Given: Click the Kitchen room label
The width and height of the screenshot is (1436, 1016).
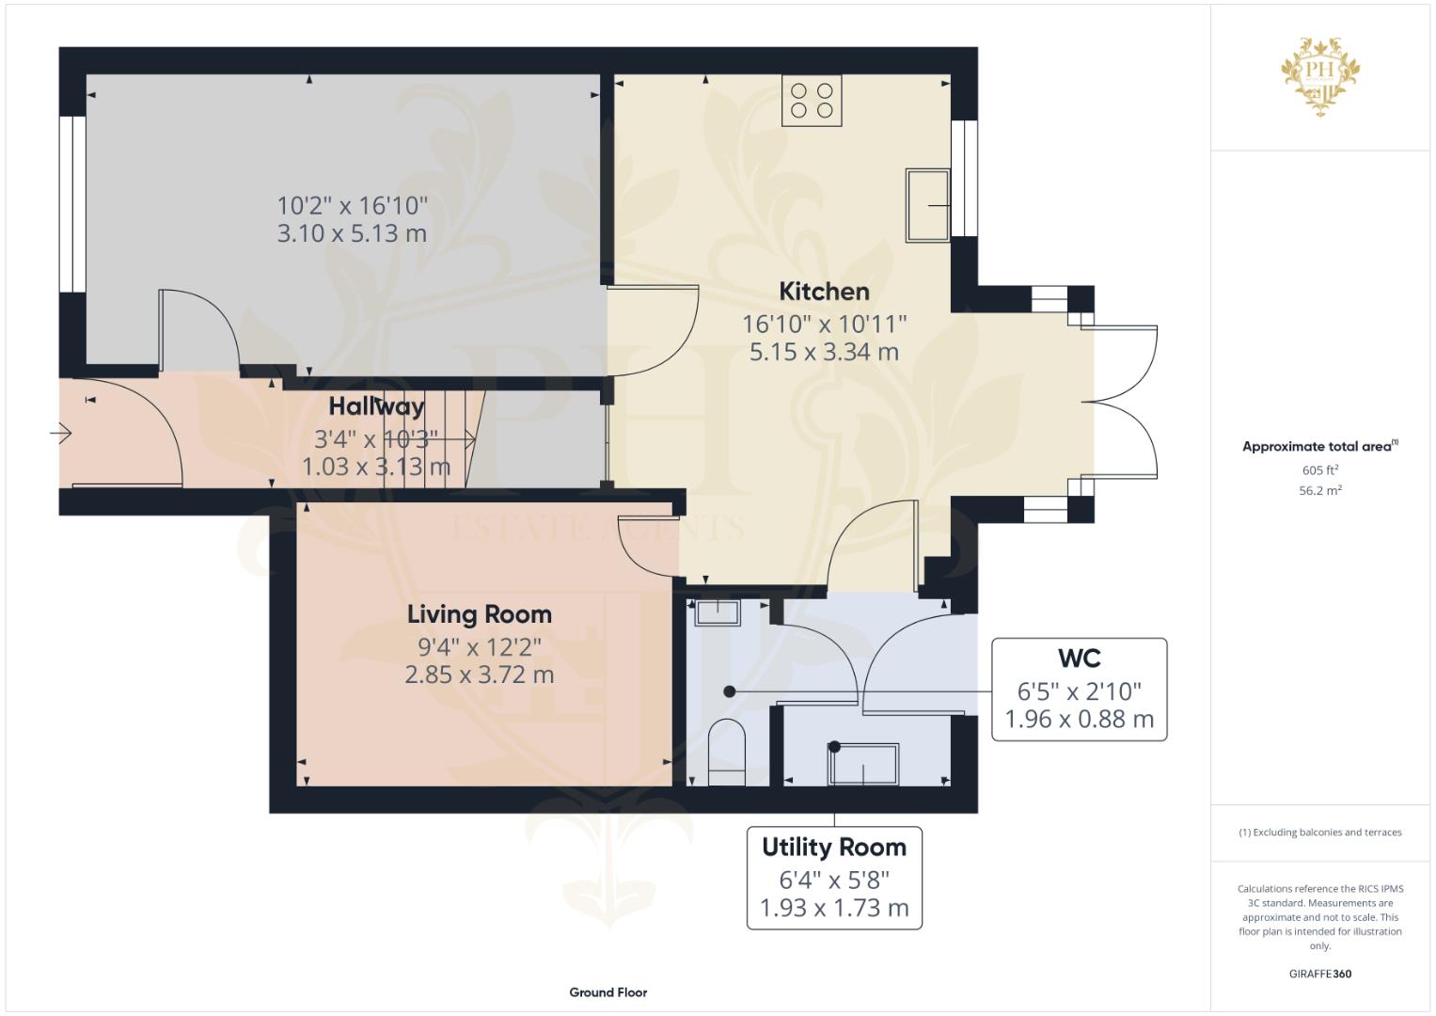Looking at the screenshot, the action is [x=824, y=292].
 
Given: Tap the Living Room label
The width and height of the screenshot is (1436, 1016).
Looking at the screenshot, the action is [x=480, y=614].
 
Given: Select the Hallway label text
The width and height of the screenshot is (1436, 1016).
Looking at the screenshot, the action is [x=376, y=406].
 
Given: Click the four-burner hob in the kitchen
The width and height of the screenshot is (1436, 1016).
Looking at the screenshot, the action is [x=811, y=101].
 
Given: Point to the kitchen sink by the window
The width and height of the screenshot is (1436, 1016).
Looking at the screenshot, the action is [x=927, y=205].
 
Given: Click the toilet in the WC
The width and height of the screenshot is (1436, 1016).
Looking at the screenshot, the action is [x=728, y=752].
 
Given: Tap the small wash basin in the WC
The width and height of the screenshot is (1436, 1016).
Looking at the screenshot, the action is [x=718, y=612].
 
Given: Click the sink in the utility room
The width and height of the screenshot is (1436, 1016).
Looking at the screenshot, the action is [x=863, y=764].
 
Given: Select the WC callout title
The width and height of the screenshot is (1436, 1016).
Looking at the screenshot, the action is [x=1079, y=659].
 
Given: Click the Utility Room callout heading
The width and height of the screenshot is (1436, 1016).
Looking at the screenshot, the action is [x=834, y=848].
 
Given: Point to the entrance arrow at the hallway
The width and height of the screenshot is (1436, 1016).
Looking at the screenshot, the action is [x=61, y=434].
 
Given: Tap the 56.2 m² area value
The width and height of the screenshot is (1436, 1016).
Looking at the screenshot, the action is [x=1320, y=491].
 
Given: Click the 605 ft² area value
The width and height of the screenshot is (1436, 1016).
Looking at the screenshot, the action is [x=1320, y=470].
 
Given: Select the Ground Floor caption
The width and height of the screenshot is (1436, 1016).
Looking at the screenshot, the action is [x=608, y=992].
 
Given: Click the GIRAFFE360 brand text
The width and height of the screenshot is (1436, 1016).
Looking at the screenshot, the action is [x=1320, y=974].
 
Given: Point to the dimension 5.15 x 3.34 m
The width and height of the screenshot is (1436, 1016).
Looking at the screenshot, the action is [x=824, y=352].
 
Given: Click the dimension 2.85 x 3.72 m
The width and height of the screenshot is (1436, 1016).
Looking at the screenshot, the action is [x=480, y=675].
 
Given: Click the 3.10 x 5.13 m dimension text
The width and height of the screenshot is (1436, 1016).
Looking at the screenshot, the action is [x=352, y=233].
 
